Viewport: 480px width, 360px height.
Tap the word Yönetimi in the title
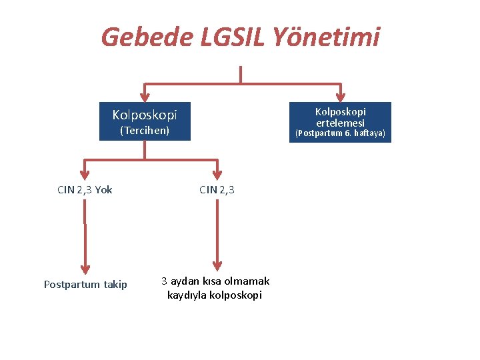pos(327,37)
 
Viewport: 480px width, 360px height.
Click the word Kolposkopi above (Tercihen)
pos(145,115)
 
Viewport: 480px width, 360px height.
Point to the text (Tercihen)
pos(145,130)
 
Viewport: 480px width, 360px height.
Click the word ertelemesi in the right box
pos(340,123)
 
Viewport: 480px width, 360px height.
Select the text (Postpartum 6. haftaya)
pos(340,133)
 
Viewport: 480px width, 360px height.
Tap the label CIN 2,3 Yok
pos(85,190)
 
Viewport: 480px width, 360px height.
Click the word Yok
pos(103,190)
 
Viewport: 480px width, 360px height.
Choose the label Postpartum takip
pos(85,285)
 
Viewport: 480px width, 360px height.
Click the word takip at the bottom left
pos(116,285)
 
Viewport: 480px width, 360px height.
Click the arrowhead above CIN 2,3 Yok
pos(85,173)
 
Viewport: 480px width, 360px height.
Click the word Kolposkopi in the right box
pos(340,111)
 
